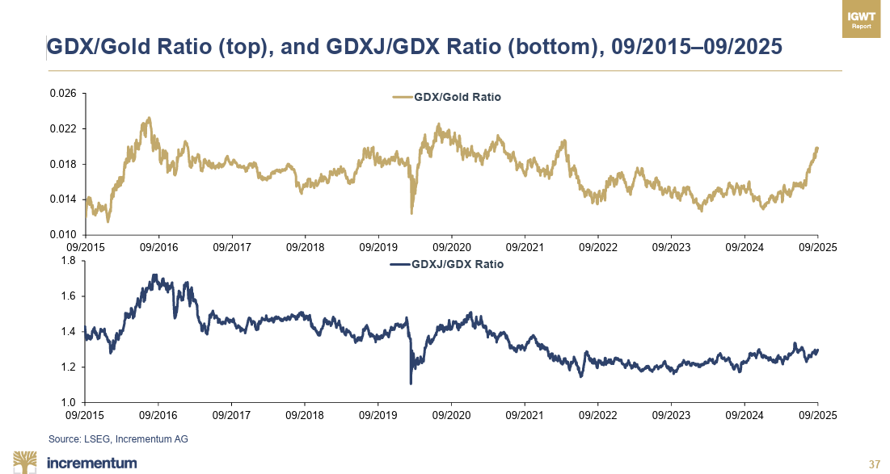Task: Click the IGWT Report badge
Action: [x=861, y=20]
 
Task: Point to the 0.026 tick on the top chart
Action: [x=64, y=94]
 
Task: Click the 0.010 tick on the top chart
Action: [x=64, y=234]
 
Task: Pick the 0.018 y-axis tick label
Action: [x=64, y=164]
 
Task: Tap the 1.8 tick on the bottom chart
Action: [x=68, y=261]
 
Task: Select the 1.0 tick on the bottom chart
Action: [x=68, y=402]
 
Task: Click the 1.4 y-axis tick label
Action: [x=68, y=332]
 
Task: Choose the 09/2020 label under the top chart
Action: [x=451, y=246]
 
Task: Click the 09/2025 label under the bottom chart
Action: [x=817, y=414]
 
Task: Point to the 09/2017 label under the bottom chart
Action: [x=231, y=414]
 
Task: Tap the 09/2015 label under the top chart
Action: [x=84, y=246]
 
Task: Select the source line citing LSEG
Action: [x=118, y=438]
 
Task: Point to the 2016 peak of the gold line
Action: [x=148, y=119]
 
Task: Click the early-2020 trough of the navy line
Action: [x=411, y=383]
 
